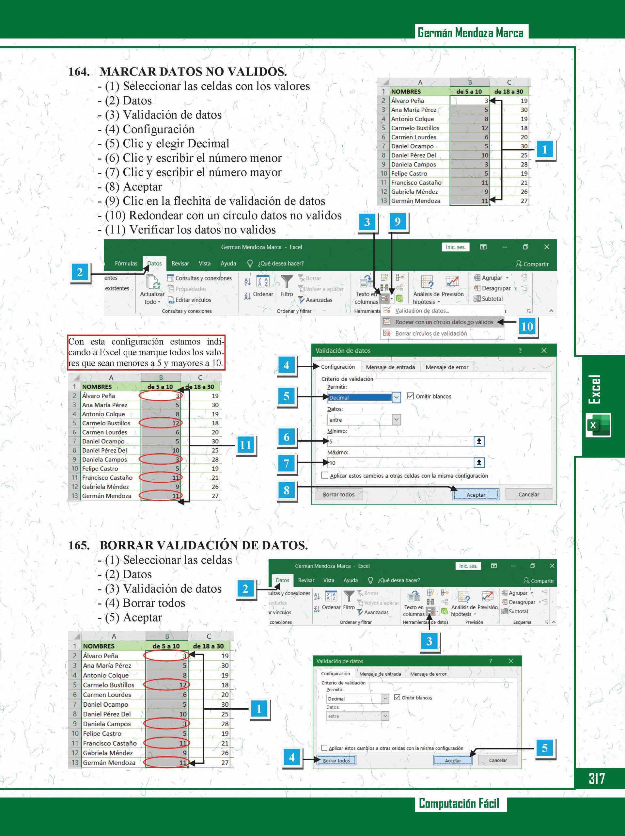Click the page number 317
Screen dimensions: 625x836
tap(597, 778)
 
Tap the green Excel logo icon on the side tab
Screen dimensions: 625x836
tap(598, 425)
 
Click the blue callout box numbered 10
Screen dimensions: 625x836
tap(527, 326)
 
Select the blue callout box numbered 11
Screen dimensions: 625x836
tap(245, 445)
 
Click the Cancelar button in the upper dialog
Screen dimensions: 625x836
tap(529, 494)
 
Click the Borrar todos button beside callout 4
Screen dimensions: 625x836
tap(336, 761)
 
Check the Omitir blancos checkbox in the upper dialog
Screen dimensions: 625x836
tap(410, 396)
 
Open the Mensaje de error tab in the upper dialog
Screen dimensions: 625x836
tap(447, 367)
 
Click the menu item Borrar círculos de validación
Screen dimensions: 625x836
tap(431, 333)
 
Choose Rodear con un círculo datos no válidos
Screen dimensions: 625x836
tap(444, 322)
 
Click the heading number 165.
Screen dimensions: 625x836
tap(79, 545)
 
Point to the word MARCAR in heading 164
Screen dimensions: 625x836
tap(128, 72)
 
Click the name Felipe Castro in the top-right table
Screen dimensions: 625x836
tap(409, 173)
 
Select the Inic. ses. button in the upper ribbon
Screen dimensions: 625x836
tap(455, 247)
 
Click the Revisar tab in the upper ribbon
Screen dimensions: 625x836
tap(180, 264)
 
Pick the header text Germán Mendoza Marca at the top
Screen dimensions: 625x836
tap(471, 33)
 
